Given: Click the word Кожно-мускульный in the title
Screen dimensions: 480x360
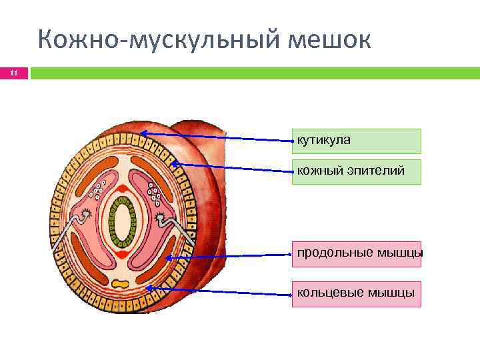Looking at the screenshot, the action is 159,41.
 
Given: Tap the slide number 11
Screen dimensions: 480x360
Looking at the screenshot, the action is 13,73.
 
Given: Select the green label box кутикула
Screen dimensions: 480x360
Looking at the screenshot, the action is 356,141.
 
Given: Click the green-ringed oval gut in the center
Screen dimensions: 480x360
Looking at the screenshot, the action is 123,222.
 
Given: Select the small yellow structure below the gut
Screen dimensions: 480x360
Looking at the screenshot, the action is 121,285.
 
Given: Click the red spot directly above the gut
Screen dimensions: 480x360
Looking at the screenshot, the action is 122,189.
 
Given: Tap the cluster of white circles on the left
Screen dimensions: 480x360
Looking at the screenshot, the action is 99,191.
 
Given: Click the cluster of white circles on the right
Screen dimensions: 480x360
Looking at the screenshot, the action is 155,195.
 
